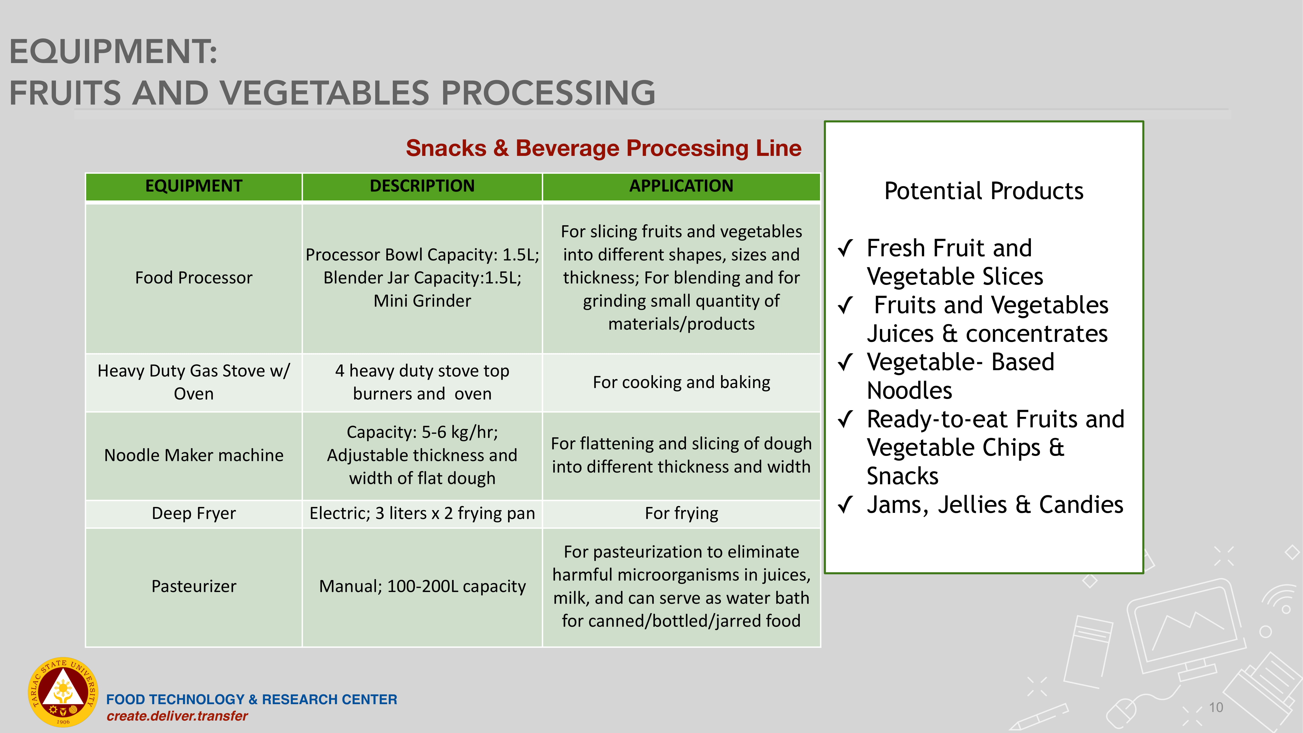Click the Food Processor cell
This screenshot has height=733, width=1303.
194,278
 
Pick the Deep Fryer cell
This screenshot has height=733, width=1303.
194,513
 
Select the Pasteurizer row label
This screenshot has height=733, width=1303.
194,586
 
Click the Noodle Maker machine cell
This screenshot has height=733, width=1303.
194,455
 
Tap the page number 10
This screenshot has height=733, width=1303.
1216,707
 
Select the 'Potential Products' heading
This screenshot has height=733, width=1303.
984,191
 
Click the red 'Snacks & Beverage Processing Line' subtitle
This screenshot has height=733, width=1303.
603,148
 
